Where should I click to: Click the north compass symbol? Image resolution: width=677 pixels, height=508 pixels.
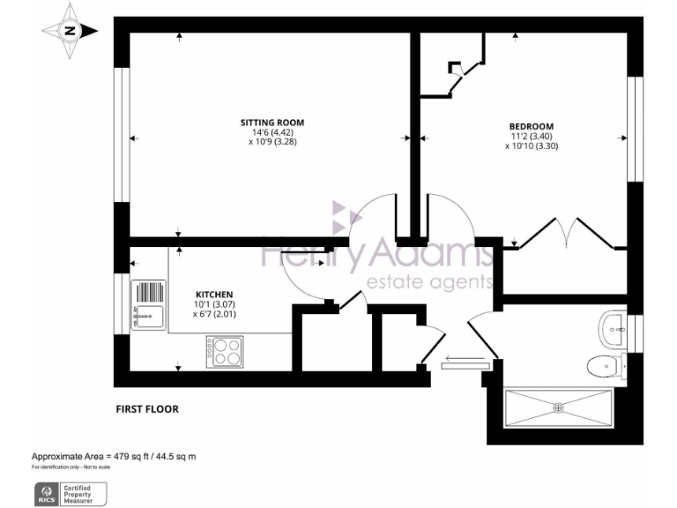70,32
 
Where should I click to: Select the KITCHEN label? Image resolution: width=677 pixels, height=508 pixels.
213,294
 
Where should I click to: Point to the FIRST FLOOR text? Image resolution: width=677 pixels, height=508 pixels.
147,409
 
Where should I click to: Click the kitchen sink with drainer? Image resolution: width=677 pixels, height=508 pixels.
148,304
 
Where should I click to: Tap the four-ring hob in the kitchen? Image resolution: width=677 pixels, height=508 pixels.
225,353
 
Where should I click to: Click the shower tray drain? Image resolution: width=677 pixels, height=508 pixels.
557,407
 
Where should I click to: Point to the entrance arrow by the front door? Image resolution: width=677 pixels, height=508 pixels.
464,359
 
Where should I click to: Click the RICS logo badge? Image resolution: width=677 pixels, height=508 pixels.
46,493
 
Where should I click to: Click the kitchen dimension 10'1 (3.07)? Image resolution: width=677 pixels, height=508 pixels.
214,304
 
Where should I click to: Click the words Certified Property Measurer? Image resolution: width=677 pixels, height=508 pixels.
85,493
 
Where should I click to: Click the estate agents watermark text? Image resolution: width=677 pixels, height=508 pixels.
428,282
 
